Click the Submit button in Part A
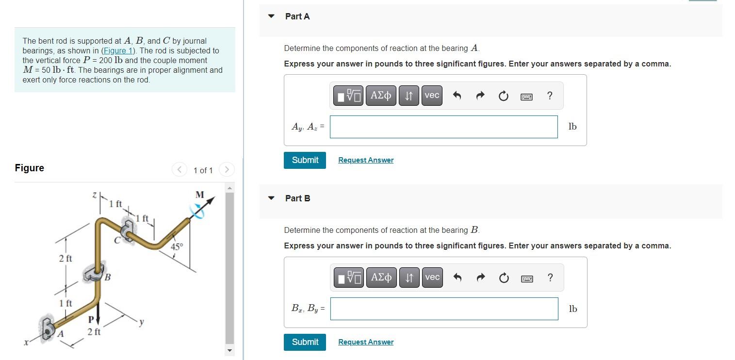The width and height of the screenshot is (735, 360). pyautogui.click(x=305, y=160)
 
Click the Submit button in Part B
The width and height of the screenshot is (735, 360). pyautogui.click(x=305, y=342)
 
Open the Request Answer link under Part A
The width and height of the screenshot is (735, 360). pyautogui.click(x=366, y=160)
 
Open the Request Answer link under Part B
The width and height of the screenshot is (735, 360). pyautogui.click(x=366, y=342)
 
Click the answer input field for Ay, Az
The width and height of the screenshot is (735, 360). pyautogui.click(x=443, y=127)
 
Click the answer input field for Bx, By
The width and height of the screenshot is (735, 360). pyautogui.click(x=443, y=309)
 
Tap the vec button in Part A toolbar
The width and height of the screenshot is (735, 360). pyautogui.click(x=432, y=96)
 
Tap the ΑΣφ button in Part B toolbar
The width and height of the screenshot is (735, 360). pyautogui.click(x=381, y=278)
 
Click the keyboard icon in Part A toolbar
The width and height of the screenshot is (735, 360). pyautogui.click(x=526, y=96)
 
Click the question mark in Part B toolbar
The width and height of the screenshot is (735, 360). pyautogui.click(x=550, y=278)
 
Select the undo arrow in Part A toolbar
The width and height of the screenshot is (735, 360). pyautogui.click(x=457, y=96)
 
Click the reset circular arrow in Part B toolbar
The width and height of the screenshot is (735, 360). pyautogui.click(x=504, y=278)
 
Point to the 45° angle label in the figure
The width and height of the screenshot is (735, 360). pyautogui.click(x=177, y=246)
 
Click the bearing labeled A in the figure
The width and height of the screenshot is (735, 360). pyautogui.click(x=49, y=328)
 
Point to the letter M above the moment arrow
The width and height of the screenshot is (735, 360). pyautogui.click(x=199, y=195)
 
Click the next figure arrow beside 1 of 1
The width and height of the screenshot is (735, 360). pyautogui.click(x=227, y=170)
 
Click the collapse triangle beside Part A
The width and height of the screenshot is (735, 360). pyautogui.click(x=271, y=16)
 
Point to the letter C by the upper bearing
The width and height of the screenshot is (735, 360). pyautogui.click(x=116, y=239)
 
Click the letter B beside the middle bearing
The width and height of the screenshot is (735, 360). pyautogui.click(x=108, y=278)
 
